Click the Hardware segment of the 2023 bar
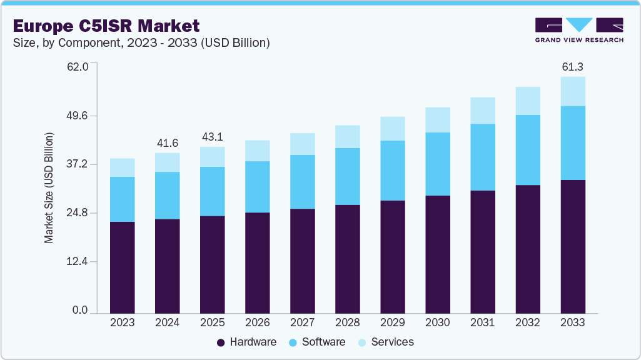[122, 267]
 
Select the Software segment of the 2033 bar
[572, 143]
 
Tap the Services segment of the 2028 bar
[347, 136]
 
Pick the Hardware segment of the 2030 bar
[437, 254]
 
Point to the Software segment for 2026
[257, 187]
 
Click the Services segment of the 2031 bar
[482, 111]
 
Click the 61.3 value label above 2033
[572, 66]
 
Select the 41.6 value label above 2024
[167, 143]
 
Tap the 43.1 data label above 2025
[212, 137]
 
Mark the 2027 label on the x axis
[302, 323]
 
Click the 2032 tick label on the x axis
[527, 323]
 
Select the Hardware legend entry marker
[221, 342]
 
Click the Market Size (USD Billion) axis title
[49, 187]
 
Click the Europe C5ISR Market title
[106, 26]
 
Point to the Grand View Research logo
[578, 29]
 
